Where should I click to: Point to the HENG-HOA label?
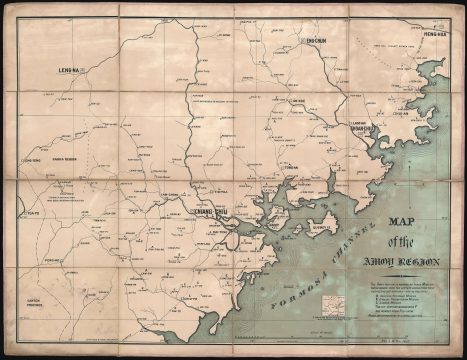click(433, 32)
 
